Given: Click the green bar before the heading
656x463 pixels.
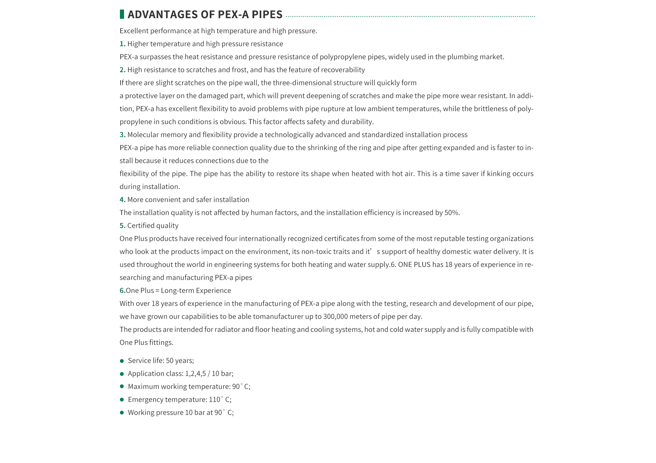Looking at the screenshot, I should click(122, 14).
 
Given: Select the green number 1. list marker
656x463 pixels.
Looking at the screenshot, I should click(122, 44).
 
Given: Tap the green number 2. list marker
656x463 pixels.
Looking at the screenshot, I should click(122, 70).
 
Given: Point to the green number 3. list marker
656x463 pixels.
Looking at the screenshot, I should click(122, 135).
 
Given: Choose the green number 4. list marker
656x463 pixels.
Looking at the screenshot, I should click(122, 200).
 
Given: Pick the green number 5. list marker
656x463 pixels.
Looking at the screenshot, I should click(122, 226).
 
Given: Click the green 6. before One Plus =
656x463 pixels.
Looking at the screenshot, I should click(122, 290).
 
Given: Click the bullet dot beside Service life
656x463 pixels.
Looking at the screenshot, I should click(122, 361).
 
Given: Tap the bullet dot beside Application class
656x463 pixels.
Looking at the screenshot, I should click(122, 374).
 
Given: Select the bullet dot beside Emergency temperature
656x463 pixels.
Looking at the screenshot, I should click(122, 400).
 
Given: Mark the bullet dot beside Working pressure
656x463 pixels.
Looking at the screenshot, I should click(122, 413).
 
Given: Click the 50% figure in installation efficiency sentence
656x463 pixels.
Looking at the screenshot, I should click(451, 213).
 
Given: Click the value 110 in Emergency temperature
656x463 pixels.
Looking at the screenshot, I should click(215, 399).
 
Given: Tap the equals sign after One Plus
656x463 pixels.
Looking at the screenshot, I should click(158, 291).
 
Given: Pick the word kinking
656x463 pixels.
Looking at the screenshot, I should click(500, 174).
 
